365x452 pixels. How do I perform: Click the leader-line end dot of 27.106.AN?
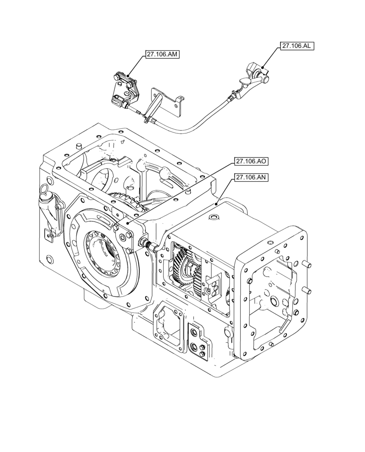(217, 204)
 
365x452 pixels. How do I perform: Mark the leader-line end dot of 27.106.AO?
(128, 223)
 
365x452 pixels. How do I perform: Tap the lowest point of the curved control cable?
(181, 133)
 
